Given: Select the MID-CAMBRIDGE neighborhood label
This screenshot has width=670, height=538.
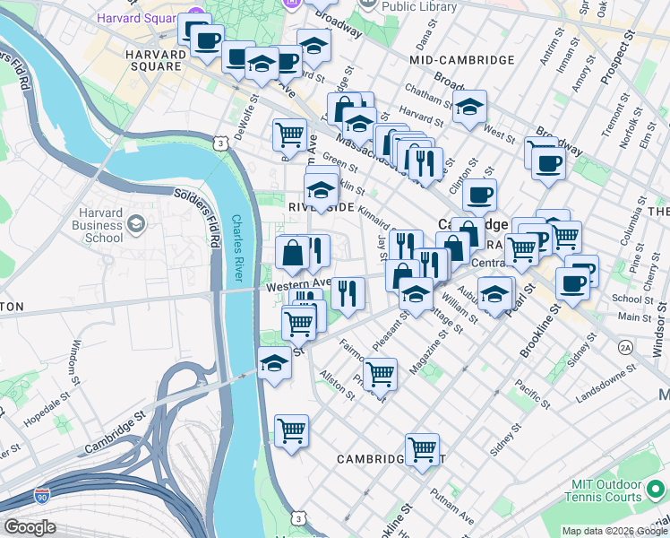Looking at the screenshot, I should coord(461,60).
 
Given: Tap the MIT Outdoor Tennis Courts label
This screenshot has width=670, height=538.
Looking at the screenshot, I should coord(606,490).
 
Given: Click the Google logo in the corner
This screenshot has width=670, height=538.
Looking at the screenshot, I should coord(30,527).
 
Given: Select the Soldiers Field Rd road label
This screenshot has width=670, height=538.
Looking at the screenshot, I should coord(198,217).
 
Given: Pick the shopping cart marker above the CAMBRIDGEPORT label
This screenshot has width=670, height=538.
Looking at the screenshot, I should coord(422,449).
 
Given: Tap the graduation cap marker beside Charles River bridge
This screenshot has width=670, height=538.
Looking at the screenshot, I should coord(274,364).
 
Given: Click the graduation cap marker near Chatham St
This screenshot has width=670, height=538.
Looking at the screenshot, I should coord(469,107).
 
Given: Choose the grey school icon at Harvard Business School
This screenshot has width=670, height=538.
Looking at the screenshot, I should coord(136,221).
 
